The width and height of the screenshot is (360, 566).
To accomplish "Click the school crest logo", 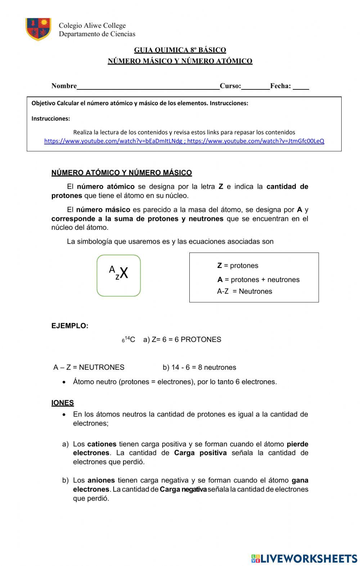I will click(38, 29).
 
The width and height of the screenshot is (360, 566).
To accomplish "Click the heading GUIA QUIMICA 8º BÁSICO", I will click(180, 50).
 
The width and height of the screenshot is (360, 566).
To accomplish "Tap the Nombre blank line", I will click(148, 86).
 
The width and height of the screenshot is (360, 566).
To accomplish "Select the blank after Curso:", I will click(255, 86).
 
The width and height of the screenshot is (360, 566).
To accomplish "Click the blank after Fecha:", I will click(301, 86).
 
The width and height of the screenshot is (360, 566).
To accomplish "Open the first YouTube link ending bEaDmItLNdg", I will click(113, 141).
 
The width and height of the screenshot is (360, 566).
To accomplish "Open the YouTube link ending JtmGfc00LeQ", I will click(256, 141).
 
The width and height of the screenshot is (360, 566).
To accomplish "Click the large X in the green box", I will click(124, 273).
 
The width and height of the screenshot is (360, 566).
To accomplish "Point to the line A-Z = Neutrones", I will click(244, 291).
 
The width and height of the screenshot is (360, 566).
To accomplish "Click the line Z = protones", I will click(238, 266).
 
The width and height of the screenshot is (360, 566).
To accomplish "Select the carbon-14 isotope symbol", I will click(129, 339).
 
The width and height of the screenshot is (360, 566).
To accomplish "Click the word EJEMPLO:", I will click(70, 326).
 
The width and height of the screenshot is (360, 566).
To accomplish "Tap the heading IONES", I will click(63, 403).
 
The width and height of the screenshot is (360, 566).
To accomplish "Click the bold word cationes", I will click(102, 444).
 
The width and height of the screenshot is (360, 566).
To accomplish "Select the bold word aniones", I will click(101, 481).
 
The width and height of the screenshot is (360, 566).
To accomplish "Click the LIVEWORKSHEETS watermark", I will click(304, 558).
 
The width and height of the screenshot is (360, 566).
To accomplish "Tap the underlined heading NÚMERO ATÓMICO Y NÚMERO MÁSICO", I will click(122, 173).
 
